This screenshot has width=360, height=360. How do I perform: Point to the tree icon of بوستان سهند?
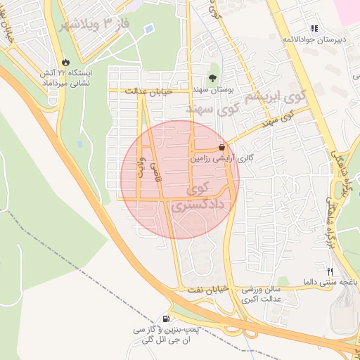point(213,79)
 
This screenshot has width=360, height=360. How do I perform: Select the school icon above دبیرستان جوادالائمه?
point(314,28)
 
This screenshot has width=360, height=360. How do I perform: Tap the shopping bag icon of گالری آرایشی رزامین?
point(223,148)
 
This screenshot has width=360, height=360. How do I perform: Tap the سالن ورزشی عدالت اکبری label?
point(262,295)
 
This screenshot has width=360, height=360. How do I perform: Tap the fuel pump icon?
point(166,318)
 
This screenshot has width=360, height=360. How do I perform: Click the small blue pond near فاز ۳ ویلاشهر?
point(150,29)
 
